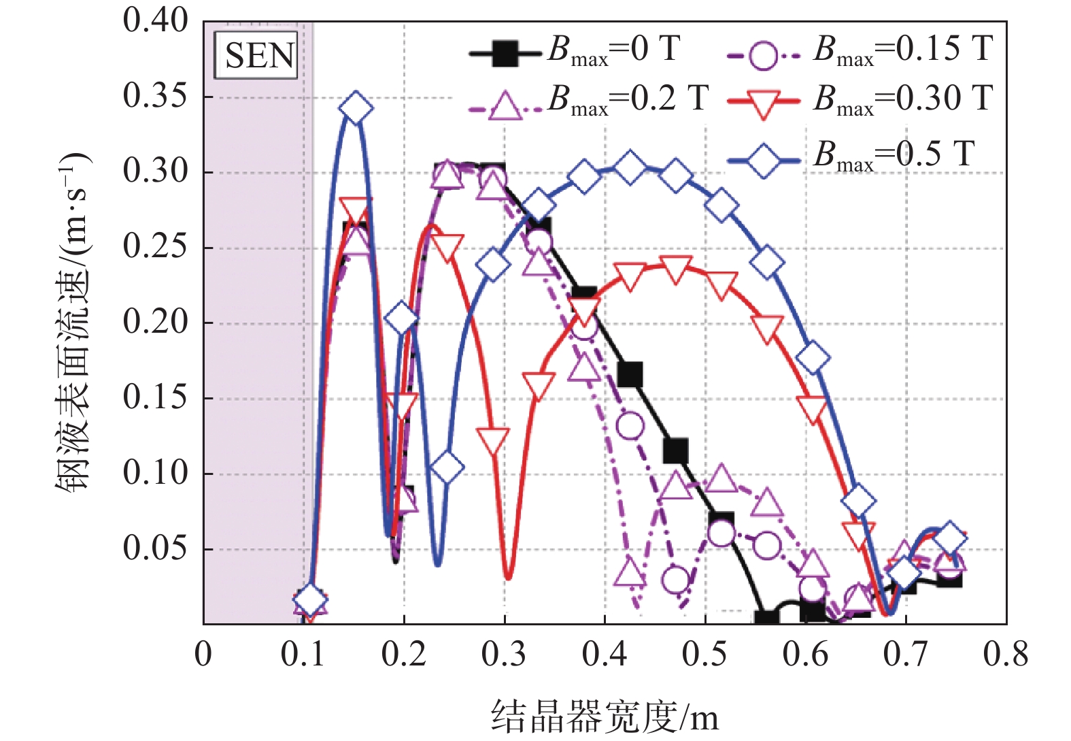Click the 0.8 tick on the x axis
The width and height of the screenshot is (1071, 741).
1006,655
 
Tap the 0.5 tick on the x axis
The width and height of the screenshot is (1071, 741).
704,655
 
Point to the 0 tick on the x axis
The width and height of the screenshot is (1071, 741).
203,655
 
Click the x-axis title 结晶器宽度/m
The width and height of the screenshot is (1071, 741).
605,717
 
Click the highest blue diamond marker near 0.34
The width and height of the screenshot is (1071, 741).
356,108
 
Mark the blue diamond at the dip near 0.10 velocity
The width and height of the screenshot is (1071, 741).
447,467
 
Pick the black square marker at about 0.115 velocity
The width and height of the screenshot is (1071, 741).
675,450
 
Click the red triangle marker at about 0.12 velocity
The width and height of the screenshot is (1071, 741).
493,442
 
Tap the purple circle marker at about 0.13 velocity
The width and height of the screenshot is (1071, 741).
630,426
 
